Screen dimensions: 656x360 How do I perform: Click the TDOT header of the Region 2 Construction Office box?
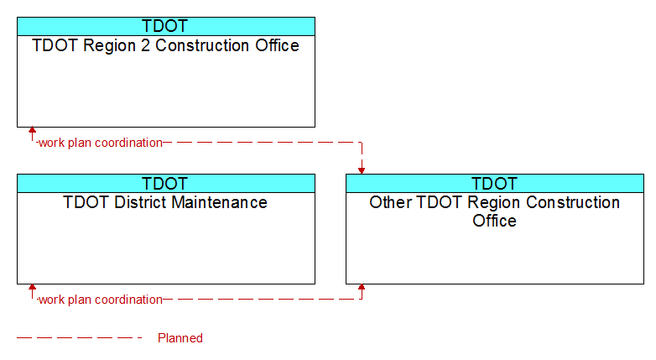pos(164,26)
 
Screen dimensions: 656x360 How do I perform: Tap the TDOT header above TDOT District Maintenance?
pos(164,183)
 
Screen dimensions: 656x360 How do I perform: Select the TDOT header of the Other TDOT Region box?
pos(494,183)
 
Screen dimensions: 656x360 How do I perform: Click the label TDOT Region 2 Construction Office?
pos(165,45)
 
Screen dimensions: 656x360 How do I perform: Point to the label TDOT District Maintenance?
pos(165,202)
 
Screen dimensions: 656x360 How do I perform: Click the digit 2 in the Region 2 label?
pos(145,45)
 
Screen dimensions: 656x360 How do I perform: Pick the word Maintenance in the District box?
pos(219,202)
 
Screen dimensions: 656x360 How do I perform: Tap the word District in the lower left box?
pos(141,202)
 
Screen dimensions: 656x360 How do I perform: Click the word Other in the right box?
pos(391,202)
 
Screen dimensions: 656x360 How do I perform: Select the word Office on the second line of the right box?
pos(494,221)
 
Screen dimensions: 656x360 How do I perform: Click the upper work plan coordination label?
pos(101,143)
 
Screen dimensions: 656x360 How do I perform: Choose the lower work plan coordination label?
pos(101,300)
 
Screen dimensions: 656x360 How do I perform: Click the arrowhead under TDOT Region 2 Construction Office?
pos(32,130)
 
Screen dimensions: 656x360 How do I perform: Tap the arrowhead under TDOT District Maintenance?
pos(32,287)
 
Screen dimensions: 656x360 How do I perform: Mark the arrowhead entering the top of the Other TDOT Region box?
pos(362,171)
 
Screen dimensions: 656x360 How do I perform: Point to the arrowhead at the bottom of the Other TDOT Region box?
pos(362,287)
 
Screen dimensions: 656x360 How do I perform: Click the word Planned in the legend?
pos(180,338)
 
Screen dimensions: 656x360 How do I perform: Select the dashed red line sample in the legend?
pos(80,337)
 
